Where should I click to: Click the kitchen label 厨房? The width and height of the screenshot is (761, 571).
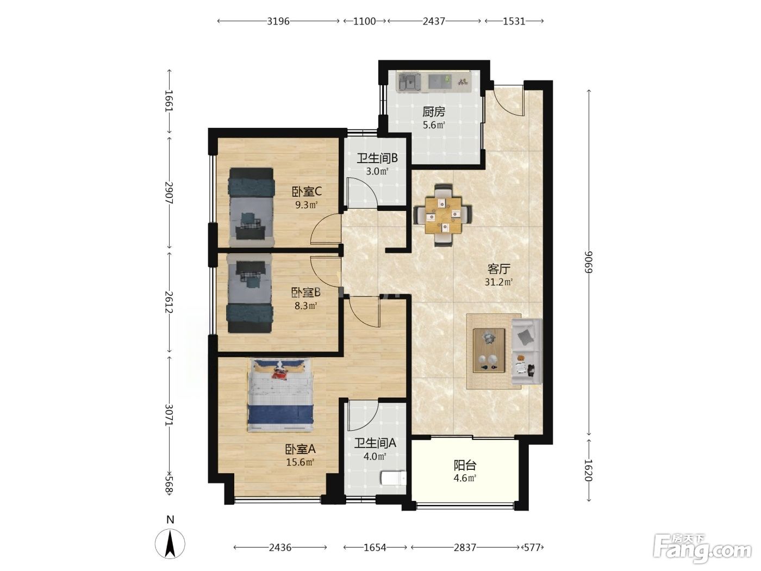tap(433, 111)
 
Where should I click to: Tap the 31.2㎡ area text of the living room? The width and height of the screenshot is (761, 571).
tap(498, 282)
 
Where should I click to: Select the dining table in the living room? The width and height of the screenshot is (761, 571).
tap(443, 215)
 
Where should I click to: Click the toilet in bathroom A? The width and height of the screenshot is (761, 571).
tap(393, 478)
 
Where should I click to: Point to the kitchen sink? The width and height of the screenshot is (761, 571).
tap(409, 83)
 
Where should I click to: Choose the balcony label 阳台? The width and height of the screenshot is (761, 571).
tap(465, 465)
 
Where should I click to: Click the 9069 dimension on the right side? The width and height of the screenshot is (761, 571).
tap(589, 262)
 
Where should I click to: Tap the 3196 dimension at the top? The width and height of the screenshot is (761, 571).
tap(278, 21)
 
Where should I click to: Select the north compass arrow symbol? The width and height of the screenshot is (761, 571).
tap(170, 544)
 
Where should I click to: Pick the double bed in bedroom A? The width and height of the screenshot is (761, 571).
tap(280, 395)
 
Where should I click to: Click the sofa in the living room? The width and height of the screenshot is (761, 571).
tap(527, 351)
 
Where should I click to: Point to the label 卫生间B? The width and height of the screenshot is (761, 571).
tap(377, 158)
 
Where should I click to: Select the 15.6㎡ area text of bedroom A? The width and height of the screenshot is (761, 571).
tap(300, 462)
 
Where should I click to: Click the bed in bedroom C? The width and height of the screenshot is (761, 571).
tap(251, 207)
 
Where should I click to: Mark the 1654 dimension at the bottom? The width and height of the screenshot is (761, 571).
tap(375, 548)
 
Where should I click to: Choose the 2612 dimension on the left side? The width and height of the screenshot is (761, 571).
tap(169, 302)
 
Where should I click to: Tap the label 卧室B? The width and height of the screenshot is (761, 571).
tap(305, 292)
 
